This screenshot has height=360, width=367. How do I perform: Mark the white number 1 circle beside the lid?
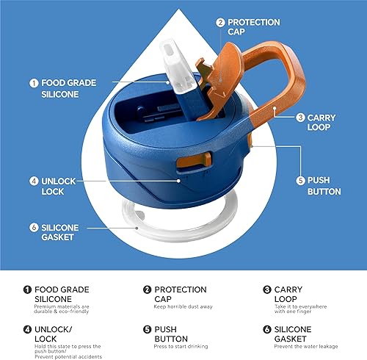tap(34, 83)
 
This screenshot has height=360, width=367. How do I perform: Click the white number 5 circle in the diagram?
tap(299, 179)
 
